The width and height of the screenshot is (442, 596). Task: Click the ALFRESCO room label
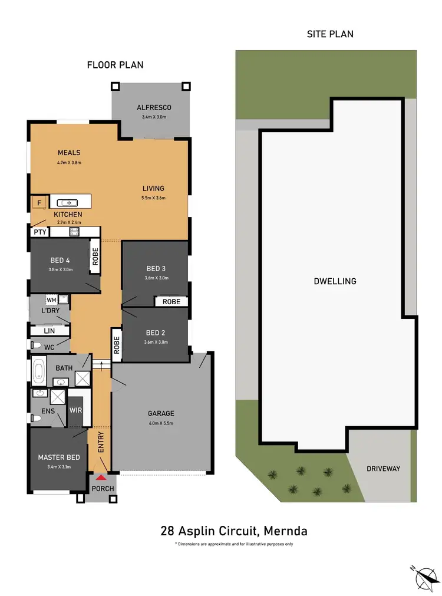[x=154, y=107]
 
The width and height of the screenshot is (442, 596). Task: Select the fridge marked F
[x=39, y=203]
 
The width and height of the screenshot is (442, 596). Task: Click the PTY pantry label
[x=40, y=232]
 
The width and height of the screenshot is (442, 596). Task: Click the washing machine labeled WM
[x=51, y=300]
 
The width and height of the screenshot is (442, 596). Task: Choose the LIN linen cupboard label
[x=50, y=331]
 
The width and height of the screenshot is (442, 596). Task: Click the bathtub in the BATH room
[x=39, y=372]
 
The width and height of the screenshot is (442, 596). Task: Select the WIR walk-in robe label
[x=75, y=410]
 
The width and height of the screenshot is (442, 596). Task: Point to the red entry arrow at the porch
[x=102, y=478]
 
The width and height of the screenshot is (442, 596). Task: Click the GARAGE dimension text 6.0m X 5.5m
[x=161, y=423]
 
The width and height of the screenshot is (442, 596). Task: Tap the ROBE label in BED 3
[x=171, y=301]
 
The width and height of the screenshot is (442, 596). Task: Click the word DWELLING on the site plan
[x=335, y=281]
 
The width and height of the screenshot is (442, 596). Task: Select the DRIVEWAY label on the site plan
[x=383, y=469]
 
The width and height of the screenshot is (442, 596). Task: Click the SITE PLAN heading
[x=330, y=34]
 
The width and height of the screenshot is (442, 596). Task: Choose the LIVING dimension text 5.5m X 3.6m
[x=153, y=198]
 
